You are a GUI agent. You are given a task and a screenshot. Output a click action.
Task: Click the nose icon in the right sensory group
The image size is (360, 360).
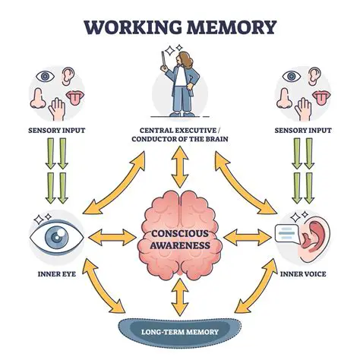(x=295, y=96)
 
